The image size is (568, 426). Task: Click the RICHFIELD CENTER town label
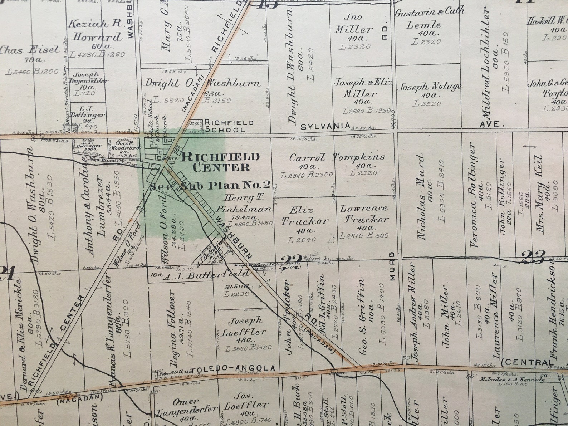pos(221,162)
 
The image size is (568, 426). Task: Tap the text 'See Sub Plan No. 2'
pos(210,185)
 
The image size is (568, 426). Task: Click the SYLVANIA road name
pos(325,126)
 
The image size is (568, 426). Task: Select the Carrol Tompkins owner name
pos(337,157)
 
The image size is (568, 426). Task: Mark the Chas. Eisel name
pos(30,50)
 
